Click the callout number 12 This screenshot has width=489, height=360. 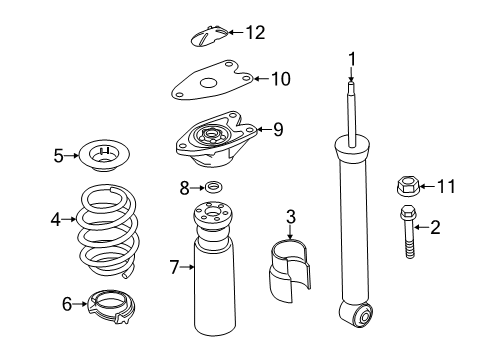[x=256, y=33]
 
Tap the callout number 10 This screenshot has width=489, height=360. [x=281, y=79]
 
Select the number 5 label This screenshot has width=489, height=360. [x=58, y=156]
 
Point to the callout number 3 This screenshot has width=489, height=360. [x=291, y=217]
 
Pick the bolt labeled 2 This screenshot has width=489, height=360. [x=408, y=231]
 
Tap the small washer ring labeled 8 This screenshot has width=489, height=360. [x=213, y=186]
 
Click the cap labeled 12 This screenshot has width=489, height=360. [x=209, y=36]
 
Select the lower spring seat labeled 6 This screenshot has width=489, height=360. [x=111, y=307]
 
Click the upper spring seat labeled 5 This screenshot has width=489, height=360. [x=104, y=156]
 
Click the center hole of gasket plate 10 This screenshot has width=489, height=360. [x=208, y=83]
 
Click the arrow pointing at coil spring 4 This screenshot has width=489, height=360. [x=69, y=219]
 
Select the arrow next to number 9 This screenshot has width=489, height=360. [x=264, y=129]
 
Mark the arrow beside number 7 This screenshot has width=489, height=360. [x=187, y=267]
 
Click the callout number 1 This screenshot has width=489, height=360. [x=352, y=60]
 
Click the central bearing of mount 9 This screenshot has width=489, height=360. [x=210, y=134]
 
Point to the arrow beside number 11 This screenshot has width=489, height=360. [x=427, y=186]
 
